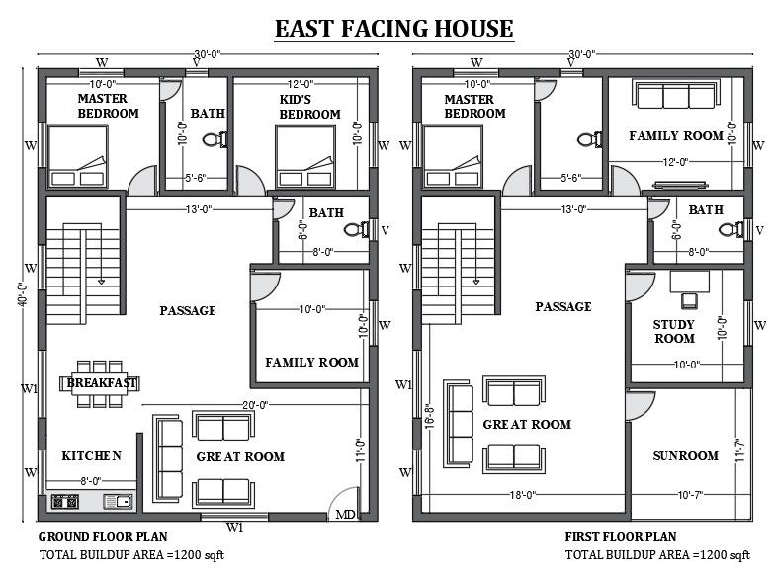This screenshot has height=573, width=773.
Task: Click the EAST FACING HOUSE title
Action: click(394, 28)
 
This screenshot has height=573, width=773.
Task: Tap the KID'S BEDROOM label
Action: click(309, 107)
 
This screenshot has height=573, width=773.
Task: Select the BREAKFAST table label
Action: click(102, 382)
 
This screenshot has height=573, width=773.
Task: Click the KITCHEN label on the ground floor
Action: click(91, 455)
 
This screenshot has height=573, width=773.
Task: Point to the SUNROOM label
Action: click(685, 455)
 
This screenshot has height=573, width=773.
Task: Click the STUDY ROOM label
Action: click(674, 332)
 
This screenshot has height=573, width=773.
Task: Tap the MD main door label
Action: click(345, 515)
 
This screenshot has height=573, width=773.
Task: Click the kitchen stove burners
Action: click(65, 502)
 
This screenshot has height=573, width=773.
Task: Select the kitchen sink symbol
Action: click(119, 502)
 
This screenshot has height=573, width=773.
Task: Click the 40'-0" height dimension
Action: click(23, 294)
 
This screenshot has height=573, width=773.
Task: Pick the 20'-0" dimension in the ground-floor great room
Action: click(255, 405)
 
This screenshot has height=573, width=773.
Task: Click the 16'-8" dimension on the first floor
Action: click(429, 416)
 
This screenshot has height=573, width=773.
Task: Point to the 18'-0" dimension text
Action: click(523, 494)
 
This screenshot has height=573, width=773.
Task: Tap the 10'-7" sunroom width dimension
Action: click(690, 494)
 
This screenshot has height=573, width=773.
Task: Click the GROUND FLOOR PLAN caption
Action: click(103, 536)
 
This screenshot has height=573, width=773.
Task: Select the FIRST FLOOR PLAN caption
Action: click(621, 536)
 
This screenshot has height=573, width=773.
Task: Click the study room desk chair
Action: click(689, 299)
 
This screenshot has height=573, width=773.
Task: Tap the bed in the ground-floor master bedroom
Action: click(77, 157)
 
